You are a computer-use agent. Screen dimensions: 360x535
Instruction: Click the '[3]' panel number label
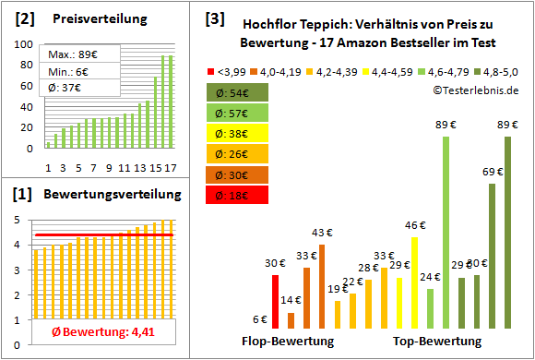(x=214, y=18)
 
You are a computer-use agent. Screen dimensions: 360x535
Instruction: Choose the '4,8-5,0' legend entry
(x=499, y=70)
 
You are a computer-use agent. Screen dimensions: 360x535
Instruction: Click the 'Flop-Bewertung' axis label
(x=288, y=342)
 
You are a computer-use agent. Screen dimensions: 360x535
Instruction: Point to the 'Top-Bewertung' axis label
(x=437, y=342)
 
